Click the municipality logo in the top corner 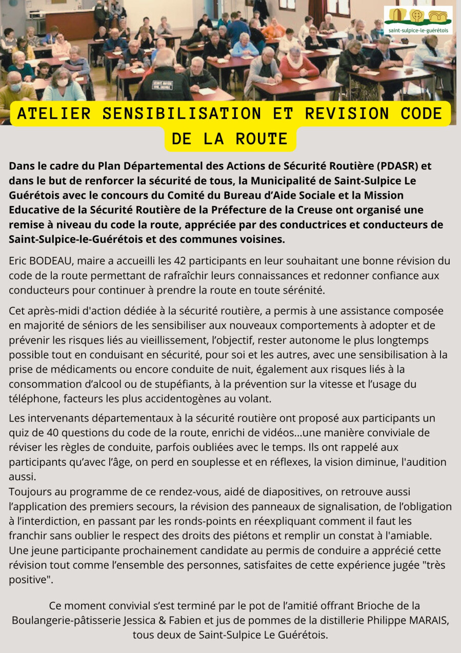418,21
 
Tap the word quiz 19,432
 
